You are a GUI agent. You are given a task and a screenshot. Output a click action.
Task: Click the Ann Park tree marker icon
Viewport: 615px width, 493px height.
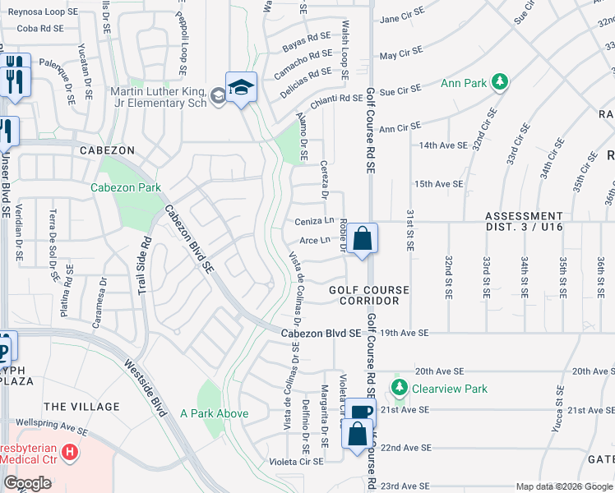[499, 81]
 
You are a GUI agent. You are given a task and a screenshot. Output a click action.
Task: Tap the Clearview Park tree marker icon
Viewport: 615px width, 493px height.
[400, 386]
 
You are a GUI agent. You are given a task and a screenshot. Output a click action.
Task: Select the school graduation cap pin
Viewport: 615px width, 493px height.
[241, 87]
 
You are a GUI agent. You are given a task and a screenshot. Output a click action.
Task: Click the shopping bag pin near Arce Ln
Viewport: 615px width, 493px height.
[362, 240]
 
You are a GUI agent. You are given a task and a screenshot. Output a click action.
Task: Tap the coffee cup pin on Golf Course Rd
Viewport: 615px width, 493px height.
[358, 412]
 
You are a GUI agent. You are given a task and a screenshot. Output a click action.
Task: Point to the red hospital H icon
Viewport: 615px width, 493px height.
[70, 452]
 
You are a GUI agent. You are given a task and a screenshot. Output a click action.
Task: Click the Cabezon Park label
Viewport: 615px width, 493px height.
[126, 187]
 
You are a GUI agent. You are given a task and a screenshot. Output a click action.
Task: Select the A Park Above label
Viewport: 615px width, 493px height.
[214, 413]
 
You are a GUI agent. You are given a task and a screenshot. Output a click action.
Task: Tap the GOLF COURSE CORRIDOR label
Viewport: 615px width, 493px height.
[369, 296]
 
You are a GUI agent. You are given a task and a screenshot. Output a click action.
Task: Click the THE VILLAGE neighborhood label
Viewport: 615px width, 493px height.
[81, 407]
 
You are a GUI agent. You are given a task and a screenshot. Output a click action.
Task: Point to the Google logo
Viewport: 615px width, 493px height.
[26, 483]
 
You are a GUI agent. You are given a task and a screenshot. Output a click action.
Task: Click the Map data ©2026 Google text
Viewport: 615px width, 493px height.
[563, 486]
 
